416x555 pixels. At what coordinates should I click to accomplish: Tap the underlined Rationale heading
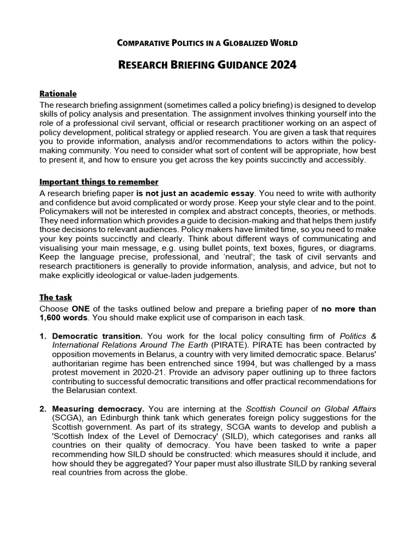58,94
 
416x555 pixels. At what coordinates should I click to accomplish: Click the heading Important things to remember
99,182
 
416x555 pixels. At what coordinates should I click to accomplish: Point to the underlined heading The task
56,297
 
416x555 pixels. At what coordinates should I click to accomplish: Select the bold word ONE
82,309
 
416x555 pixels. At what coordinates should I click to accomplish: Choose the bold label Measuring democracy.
98,409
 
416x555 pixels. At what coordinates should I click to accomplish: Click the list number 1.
43,336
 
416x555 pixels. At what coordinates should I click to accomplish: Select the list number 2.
43,409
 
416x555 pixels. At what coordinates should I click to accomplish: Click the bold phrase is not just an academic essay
195,193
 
